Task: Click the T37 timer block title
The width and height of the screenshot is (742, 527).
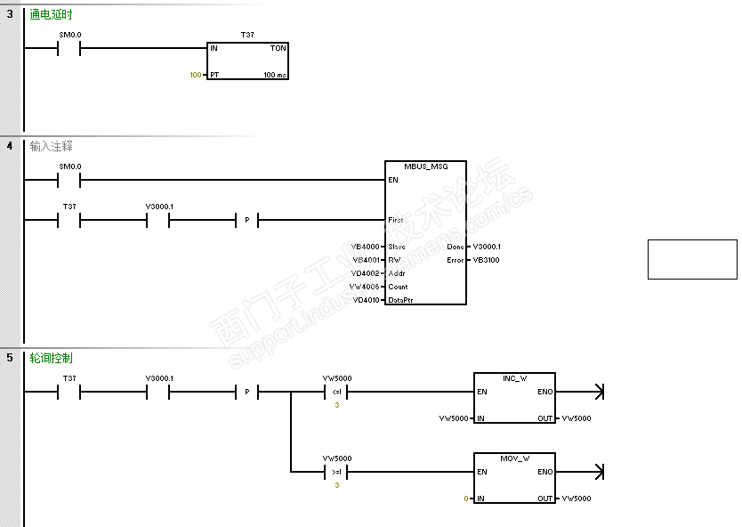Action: (246, 34)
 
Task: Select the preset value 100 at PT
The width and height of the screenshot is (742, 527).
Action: (196, 75)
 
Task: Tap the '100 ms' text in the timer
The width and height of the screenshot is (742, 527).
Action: (275, 75)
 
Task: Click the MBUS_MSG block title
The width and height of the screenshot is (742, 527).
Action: (426, 166)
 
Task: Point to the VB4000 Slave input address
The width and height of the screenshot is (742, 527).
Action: (366, 247)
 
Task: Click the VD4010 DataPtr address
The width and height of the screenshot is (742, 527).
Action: (366, 300)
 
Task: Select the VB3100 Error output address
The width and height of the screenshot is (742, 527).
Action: (486, 260)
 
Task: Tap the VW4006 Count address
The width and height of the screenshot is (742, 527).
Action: (365, 287)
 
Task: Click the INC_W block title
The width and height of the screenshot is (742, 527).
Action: (514, 378)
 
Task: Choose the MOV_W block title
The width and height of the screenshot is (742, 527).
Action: (514, 458)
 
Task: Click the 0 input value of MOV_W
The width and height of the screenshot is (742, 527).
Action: (465, 499)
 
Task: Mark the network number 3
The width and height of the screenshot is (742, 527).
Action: (10, 15)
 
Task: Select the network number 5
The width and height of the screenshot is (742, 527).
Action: (10, 358)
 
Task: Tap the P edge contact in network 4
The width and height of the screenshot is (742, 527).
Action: (246, 220)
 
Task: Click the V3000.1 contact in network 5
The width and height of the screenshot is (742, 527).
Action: (158, 392)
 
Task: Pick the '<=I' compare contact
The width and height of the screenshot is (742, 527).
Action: (336, 392)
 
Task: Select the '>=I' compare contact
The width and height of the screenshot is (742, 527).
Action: (336, 472)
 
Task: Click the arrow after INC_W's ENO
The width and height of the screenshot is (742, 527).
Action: (597, 392)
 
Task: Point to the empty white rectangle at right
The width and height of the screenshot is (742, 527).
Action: (692, 259)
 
